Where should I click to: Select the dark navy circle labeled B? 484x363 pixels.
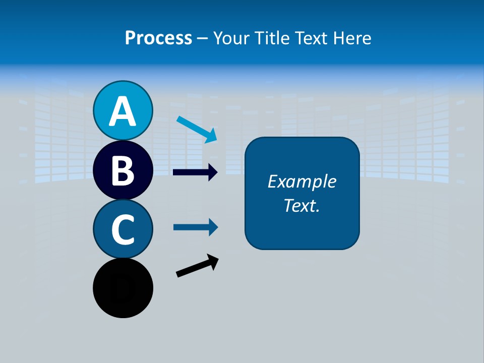point(123,170)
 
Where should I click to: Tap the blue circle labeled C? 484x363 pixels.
point(123,229)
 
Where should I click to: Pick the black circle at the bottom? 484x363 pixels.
point(123,288)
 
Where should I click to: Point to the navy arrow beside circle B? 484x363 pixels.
point(195,172)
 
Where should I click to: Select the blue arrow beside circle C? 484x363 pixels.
point(195,227)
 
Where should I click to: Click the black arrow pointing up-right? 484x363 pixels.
point(196,266)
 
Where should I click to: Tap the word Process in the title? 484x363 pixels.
point(158,38)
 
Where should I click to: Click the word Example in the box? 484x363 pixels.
point(301,181)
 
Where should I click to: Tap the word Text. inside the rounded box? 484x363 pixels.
point(301,205)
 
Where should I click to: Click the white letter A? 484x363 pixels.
point(123,112)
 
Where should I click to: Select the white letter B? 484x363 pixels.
point(123,170)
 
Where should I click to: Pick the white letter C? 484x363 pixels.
point(123,229)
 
